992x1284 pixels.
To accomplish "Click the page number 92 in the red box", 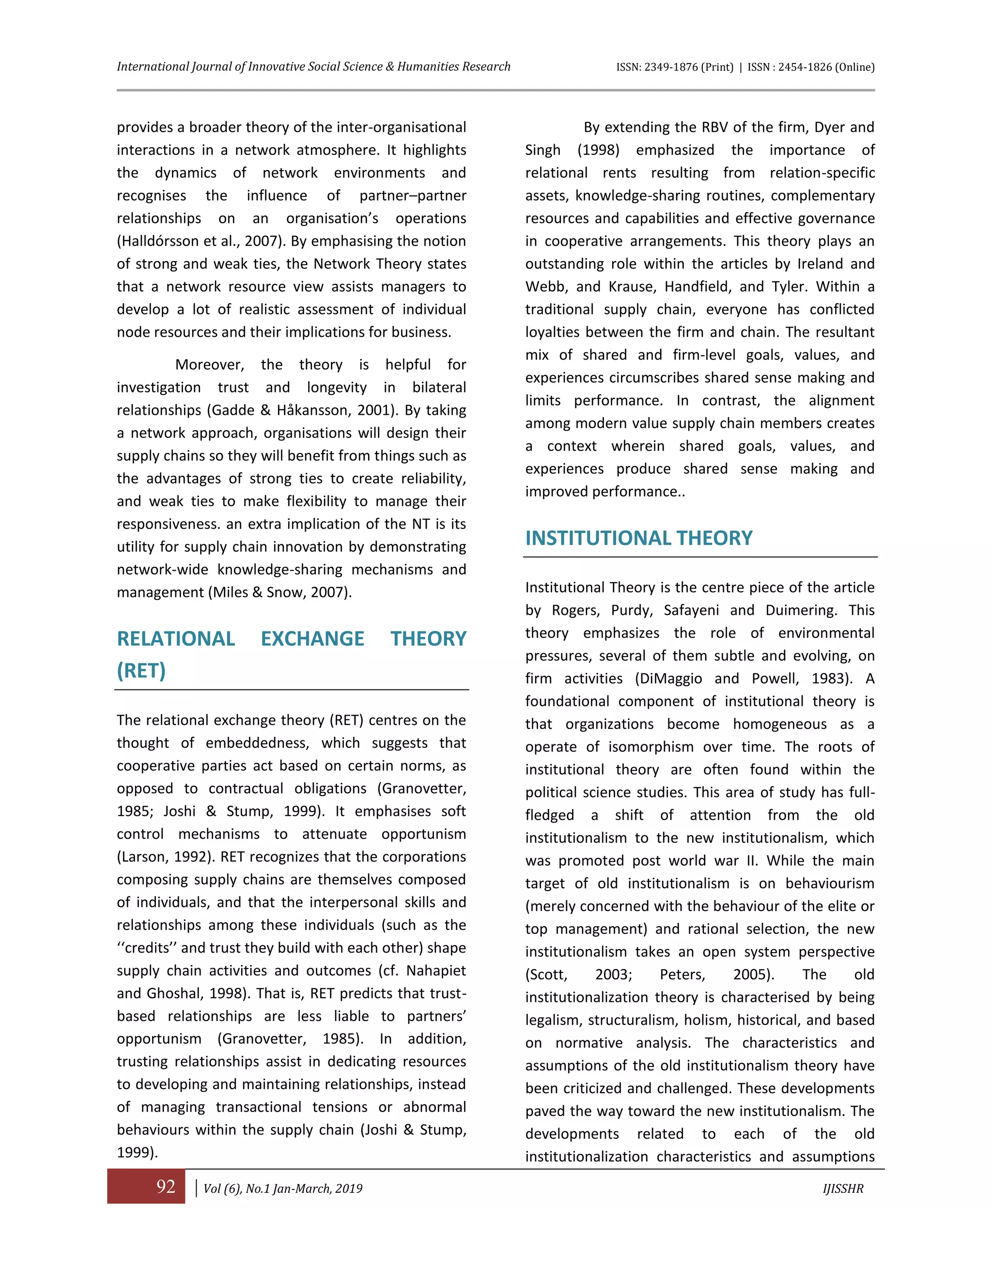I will click(x=166, y=1187).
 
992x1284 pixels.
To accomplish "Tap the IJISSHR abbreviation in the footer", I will click(x=843, y=1189).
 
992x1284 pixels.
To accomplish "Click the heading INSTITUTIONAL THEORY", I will click(x=638, y=538).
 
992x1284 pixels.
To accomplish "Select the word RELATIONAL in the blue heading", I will click(x=176, y=639).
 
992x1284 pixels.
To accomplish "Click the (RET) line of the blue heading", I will click(x=141, y=670).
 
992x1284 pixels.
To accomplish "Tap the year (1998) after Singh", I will click(x=598, y=150).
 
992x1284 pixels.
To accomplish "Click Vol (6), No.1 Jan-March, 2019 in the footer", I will click(x=283, y=1189).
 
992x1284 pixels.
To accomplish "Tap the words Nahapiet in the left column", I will click(x=436, y=971).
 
